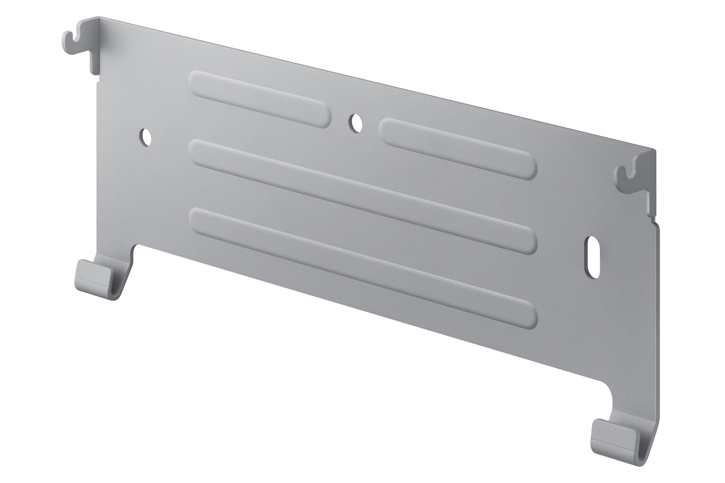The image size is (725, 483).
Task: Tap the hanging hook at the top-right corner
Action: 629,175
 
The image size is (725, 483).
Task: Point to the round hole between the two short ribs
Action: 354,123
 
